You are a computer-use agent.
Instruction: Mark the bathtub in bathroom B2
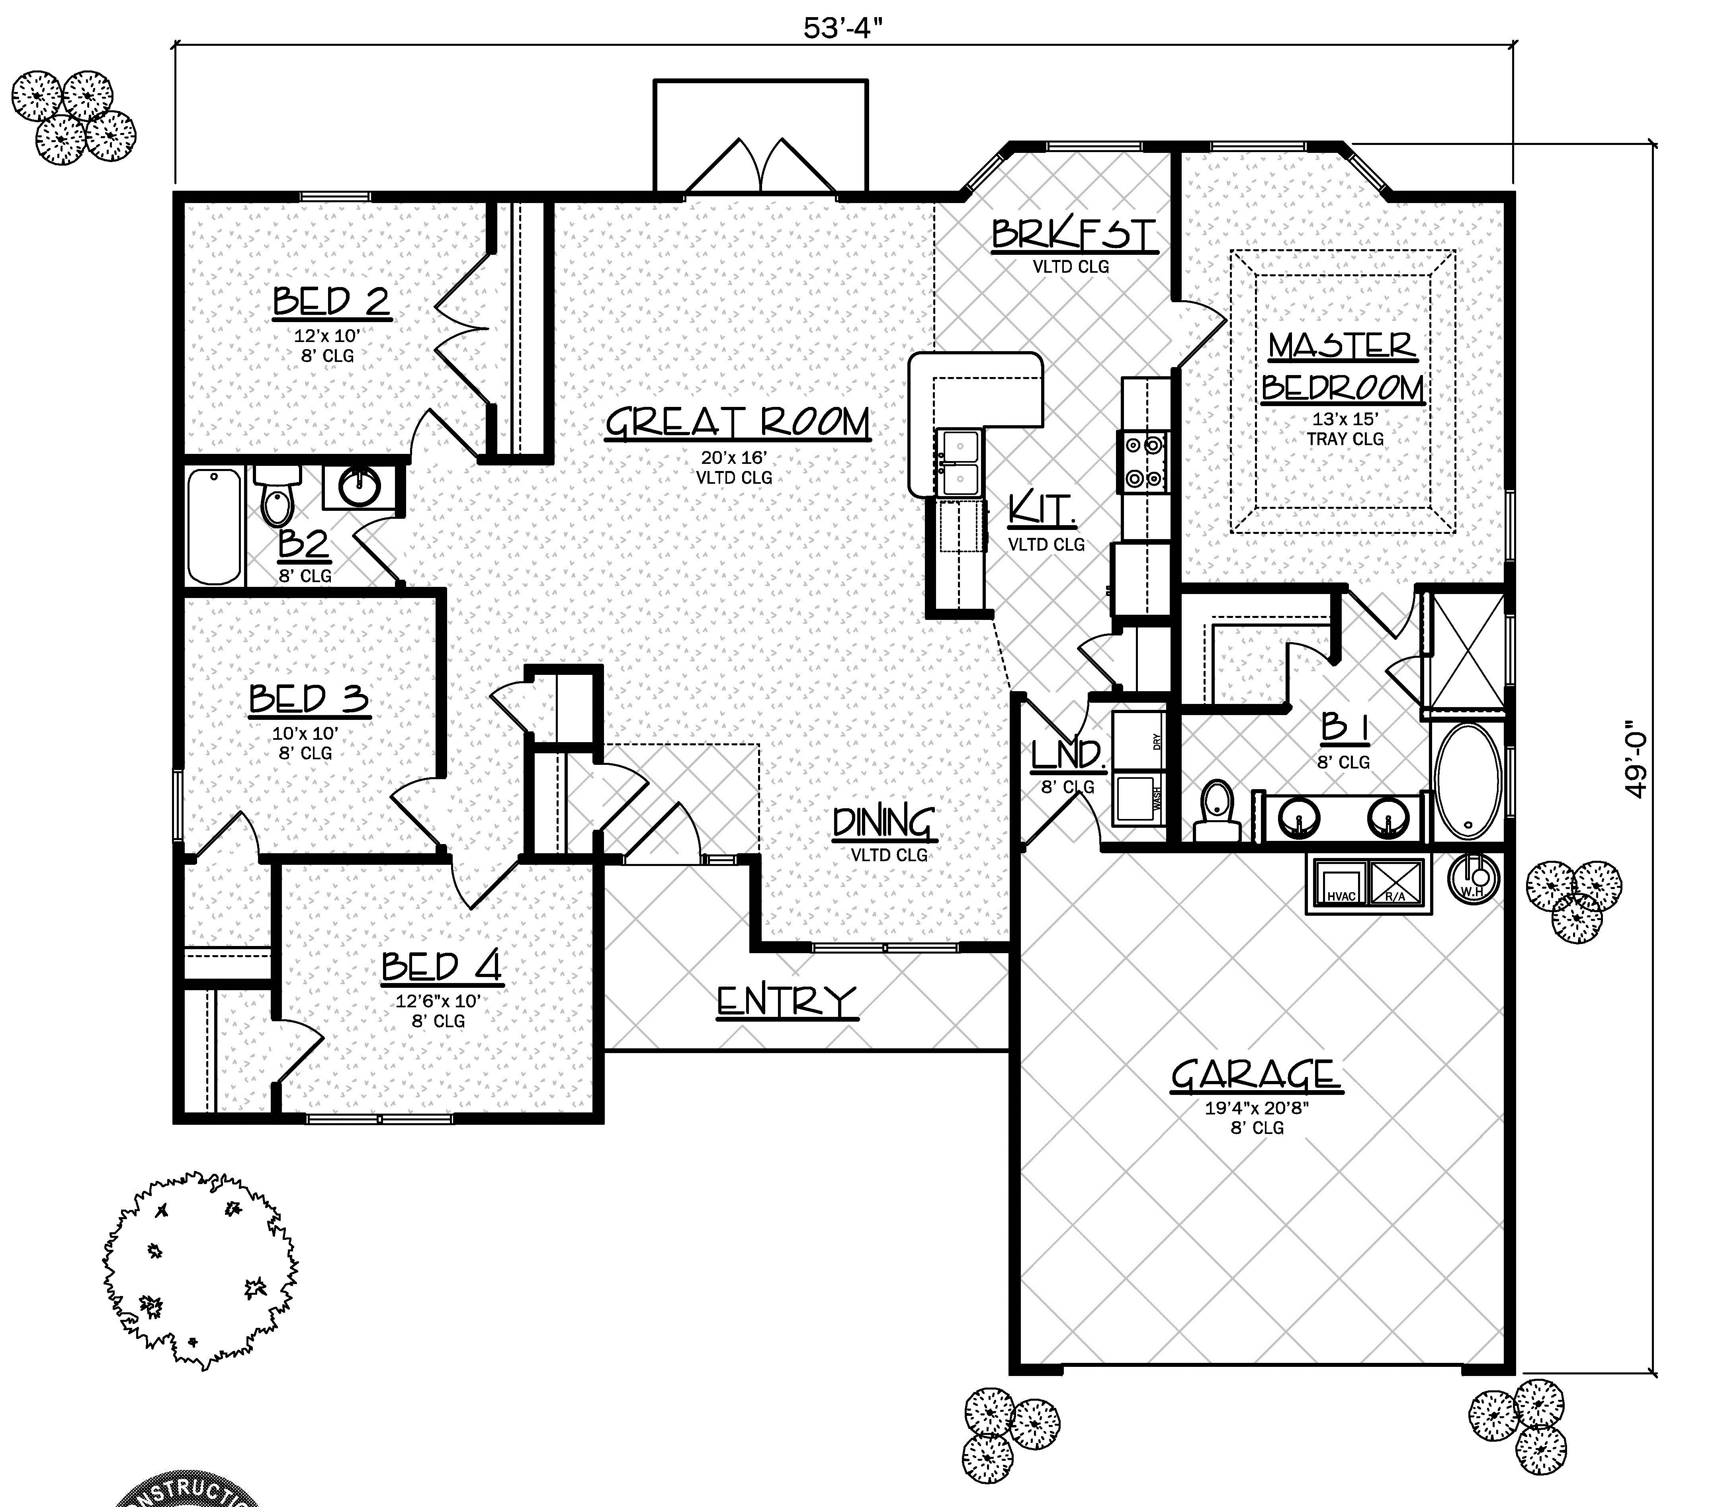point(215,527)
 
